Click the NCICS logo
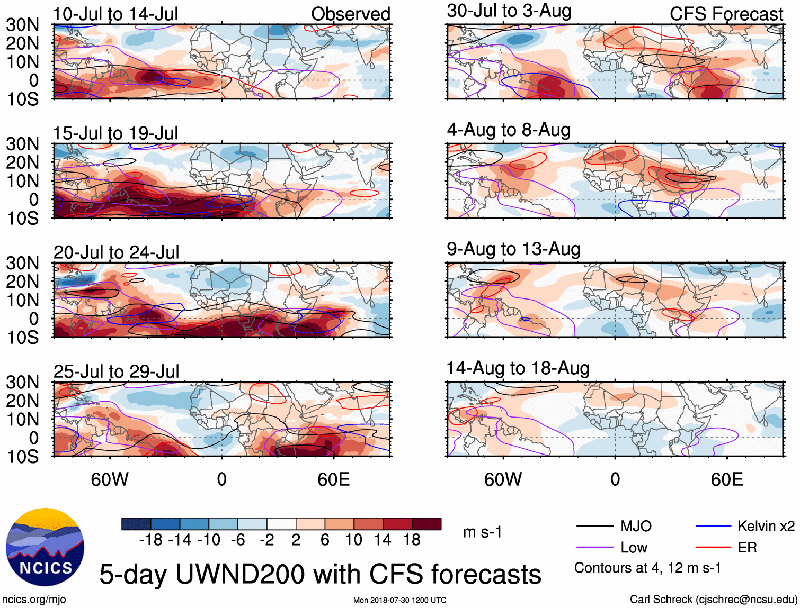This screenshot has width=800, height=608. point(45,547)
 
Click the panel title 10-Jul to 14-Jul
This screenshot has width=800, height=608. point(115,14)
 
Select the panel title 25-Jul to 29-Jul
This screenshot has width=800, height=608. point(116,371)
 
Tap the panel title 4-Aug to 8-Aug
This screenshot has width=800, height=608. point(509,130)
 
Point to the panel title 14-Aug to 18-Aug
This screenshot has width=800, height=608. point(518,368)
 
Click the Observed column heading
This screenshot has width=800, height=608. point(350,14)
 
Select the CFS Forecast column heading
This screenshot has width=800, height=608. point(726,14)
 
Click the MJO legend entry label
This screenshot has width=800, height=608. point(636,526)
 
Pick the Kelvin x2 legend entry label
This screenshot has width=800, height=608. point(766,526)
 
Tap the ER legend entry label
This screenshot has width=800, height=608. point(747,548)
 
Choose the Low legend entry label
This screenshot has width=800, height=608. point(634,548)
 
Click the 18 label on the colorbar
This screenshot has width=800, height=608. point(412,540)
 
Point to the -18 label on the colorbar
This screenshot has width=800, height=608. point(150,540)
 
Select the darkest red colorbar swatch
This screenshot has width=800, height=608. point(426,524)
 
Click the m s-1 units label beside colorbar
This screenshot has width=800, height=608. point(482,532)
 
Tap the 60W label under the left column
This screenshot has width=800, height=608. point(110,479)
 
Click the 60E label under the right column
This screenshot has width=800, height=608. point(726,479)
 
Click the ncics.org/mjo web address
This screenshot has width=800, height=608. point(34,599)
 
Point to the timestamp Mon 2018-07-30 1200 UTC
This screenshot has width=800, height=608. point(399,600)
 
